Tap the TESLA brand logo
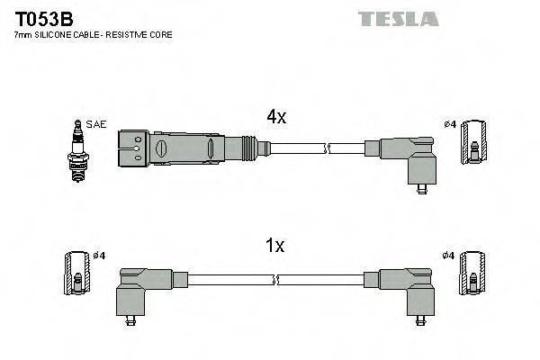[x=398, y=18]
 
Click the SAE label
[x=95, y=123]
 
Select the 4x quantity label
[x=275, y=117]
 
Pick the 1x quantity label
[x=275, y=245]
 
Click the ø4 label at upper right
[x=450, y=125]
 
